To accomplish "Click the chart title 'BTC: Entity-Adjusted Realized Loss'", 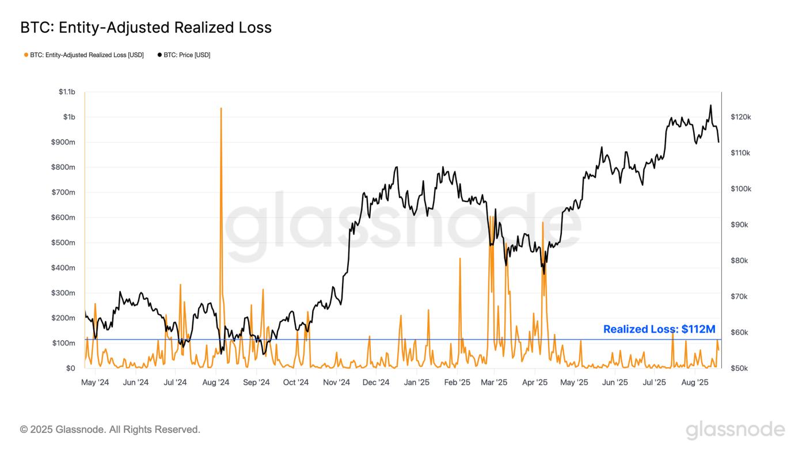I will (x=146, y=28).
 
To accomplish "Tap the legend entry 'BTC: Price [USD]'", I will (x=184, y=55).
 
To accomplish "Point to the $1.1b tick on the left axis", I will (x=67, y=92).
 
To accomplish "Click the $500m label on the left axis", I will (x=63, y=243).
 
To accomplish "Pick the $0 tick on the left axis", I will (x=70, y=368).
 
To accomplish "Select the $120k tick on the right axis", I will (x=740, y=117).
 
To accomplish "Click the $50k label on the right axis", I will (x=739, y=368).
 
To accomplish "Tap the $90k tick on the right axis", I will (x=739, y=225).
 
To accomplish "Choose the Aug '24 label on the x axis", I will (x=216, y=382).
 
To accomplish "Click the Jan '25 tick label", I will (x=416, y=382).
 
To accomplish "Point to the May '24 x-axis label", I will (x=95, y=382).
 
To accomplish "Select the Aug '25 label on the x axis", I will (x=695, y=382).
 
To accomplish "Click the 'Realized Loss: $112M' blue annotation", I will (x=659, y=329).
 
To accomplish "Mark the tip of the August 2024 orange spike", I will (x=220, y=108).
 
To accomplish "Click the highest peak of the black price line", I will (x=710, y=105).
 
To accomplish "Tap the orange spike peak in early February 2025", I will (x=460, y=258).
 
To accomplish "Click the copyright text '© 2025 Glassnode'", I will (x=110, y=429).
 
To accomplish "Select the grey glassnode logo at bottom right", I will (x=735, y=430).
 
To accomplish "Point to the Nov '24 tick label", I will (x=336, y=382).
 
